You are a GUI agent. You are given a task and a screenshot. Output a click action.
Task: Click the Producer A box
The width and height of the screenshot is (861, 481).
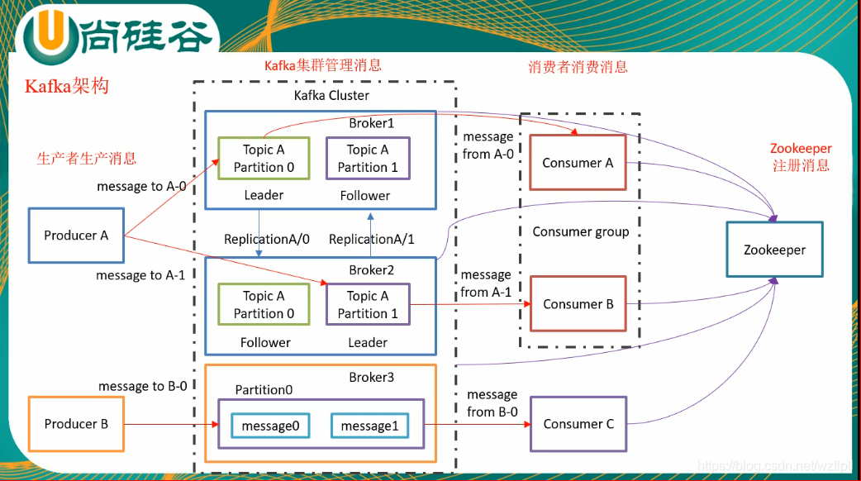76,236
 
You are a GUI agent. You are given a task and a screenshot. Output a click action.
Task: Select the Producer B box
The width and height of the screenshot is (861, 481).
76,424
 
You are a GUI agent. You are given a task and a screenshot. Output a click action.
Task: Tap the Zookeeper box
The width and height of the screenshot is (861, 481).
774,250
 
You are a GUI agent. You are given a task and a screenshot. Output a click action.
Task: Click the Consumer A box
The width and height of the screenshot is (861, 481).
578,163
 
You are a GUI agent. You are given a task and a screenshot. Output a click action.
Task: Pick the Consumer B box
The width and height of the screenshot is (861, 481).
578,303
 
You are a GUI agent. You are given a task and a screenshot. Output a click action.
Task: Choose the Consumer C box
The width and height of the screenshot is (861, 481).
578,424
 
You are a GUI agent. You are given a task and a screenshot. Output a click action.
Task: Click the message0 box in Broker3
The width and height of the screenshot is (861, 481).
270,426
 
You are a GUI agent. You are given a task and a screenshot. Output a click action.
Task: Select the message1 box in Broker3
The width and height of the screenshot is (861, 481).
369,426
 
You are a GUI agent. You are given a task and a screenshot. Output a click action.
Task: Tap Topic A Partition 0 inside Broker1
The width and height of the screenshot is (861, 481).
264,158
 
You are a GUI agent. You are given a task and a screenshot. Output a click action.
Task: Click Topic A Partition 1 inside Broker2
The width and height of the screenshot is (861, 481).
368,304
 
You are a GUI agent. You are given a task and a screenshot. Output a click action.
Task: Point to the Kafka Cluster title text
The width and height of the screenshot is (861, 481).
331,96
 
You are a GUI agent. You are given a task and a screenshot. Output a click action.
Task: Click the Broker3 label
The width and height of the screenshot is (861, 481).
372,377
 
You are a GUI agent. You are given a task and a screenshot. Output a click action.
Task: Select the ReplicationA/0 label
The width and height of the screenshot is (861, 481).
267,240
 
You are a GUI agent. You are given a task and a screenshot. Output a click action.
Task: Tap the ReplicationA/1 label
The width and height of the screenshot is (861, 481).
372,240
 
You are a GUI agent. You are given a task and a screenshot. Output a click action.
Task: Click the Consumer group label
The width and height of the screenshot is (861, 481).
581,231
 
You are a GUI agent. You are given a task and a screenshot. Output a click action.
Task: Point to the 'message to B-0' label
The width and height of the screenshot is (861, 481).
143,386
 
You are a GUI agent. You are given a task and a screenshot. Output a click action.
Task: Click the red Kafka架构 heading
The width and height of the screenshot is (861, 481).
67,86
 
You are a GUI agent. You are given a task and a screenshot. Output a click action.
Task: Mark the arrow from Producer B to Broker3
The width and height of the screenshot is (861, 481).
172,424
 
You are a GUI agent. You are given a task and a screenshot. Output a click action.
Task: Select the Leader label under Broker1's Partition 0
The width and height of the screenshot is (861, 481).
264,195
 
